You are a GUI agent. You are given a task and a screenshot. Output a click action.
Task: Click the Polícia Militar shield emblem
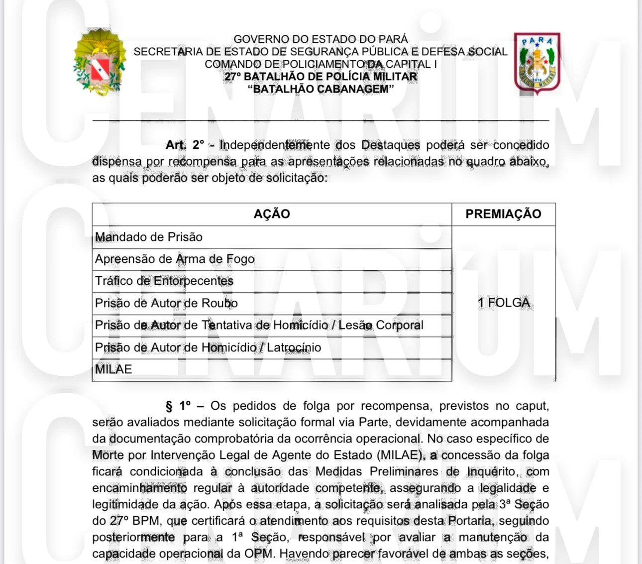[537, 63]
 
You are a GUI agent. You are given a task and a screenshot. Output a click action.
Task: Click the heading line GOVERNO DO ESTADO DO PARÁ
[321, 39]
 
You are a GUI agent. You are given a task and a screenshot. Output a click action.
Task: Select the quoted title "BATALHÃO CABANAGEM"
[321, 89]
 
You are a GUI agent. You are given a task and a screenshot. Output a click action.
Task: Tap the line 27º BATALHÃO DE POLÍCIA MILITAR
[321, 77]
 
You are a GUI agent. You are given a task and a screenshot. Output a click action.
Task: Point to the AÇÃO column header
[272, 214]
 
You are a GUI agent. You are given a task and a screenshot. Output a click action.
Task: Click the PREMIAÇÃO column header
[503, 214]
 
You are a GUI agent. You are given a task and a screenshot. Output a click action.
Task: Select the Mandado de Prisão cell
[149, 237]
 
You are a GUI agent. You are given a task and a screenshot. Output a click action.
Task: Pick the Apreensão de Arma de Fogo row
[175, 259]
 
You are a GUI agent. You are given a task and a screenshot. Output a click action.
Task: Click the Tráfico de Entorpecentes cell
[164, 281]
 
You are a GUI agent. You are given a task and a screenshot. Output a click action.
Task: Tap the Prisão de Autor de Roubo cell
[166, 303]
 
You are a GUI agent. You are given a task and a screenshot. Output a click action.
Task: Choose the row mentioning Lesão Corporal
[259, 325]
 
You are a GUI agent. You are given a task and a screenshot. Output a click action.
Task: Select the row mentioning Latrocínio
[208, 347]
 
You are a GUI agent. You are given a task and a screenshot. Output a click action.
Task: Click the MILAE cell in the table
[113, 369]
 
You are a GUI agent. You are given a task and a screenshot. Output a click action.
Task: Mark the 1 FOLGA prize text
[504, 303]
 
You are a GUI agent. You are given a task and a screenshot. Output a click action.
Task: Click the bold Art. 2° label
[185, 145]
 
